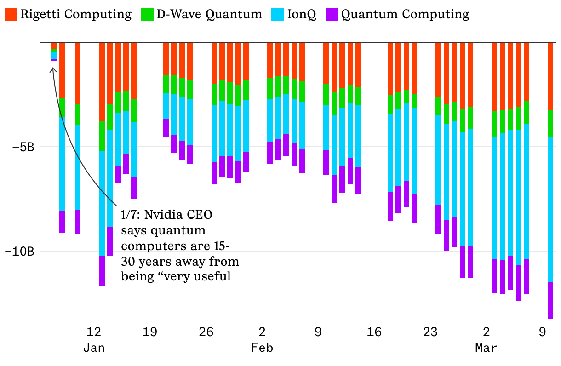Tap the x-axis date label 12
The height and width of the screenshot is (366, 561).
pos(94,332)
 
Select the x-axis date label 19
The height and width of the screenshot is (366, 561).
pos(150,332)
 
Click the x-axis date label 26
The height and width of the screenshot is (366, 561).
pos(206,332)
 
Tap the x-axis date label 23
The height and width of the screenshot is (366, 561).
pos(430,332)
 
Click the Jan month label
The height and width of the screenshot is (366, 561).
pos(94,348)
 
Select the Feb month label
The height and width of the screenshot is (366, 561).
pos(262,348)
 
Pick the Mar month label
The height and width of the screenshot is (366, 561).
pos(486,348)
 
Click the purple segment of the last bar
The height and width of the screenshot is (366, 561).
pos(550,300)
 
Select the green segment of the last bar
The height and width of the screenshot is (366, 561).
pos(550,123)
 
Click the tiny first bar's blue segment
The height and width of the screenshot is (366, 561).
pos(54,56)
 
